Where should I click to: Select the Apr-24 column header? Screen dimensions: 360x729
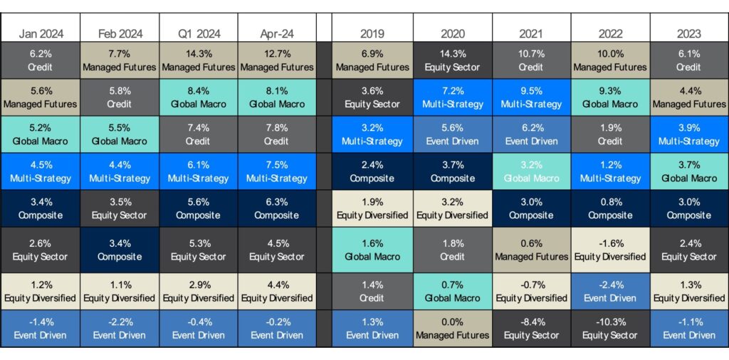(277, 33)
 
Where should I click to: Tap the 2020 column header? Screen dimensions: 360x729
(452, 33)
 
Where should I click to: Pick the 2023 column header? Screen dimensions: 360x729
(688, 33)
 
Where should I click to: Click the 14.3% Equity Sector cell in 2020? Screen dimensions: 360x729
(452, 60)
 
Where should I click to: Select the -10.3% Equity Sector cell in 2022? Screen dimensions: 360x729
(609, 328)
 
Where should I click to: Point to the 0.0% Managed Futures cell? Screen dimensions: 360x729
(452, 328)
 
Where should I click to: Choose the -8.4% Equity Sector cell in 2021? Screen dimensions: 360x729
(531, 328)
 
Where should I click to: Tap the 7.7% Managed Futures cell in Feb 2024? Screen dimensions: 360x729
(119, 60)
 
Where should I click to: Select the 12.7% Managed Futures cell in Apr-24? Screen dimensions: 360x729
(277, 60)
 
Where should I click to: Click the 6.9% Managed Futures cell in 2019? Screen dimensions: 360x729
(373, 60)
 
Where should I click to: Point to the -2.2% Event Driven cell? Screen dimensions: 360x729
(119, 328)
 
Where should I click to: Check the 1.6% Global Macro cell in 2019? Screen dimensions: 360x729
(373, 251)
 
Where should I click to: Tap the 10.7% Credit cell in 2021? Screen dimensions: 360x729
(531, 60)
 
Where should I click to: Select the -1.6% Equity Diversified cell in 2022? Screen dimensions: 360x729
(609, 251)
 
